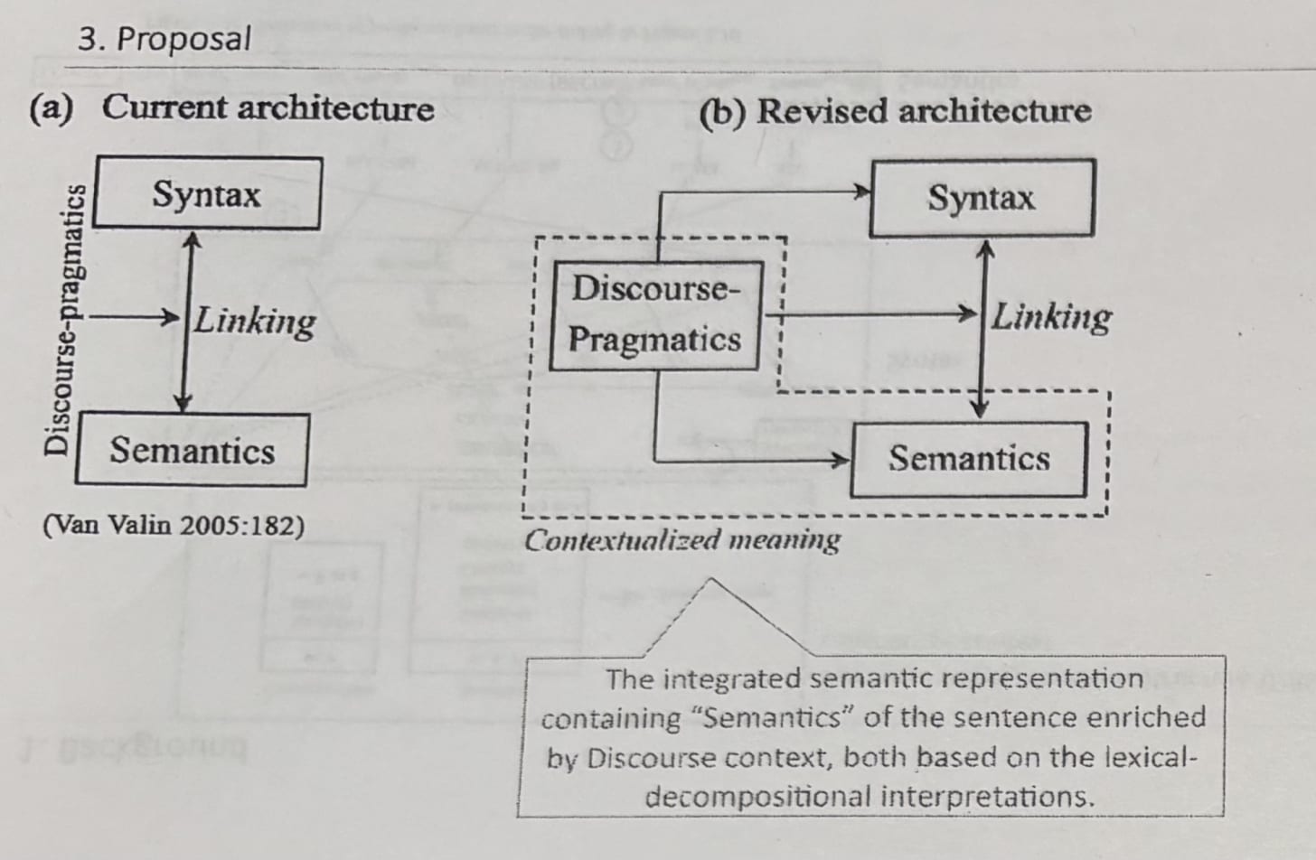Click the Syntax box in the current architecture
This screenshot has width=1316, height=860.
coord(207,193)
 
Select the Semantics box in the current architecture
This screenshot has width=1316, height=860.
coord(192,450)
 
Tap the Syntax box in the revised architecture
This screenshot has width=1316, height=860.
coord(982,198)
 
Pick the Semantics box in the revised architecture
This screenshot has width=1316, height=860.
coord(969,459)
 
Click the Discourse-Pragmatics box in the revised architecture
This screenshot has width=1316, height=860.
coord(654,314)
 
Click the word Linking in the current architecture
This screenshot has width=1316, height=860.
coord(256,321)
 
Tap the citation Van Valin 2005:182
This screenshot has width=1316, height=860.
coord(174,525)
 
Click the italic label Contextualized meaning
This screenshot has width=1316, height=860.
coord(682,540)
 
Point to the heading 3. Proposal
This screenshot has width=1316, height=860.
coord(164,39)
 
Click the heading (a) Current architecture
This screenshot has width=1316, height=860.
coord(232,108)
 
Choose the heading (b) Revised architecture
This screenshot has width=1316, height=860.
coord(896,111)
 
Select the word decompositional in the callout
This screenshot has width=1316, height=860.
coord(757,797)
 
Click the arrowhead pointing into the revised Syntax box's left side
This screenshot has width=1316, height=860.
coord(863,191)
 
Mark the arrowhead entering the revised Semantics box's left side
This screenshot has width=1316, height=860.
coord(843,461)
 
